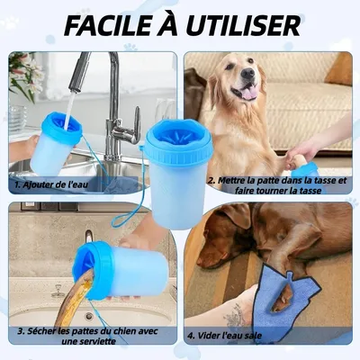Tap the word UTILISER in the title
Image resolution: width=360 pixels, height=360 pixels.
pyautogui.click(x=245, y=24)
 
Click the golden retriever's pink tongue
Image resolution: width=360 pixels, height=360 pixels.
pyautogui.click(x=247, y=92)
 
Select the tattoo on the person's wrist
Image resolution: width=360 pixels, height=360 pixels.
pyautogui.click(x=236, y=315)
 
